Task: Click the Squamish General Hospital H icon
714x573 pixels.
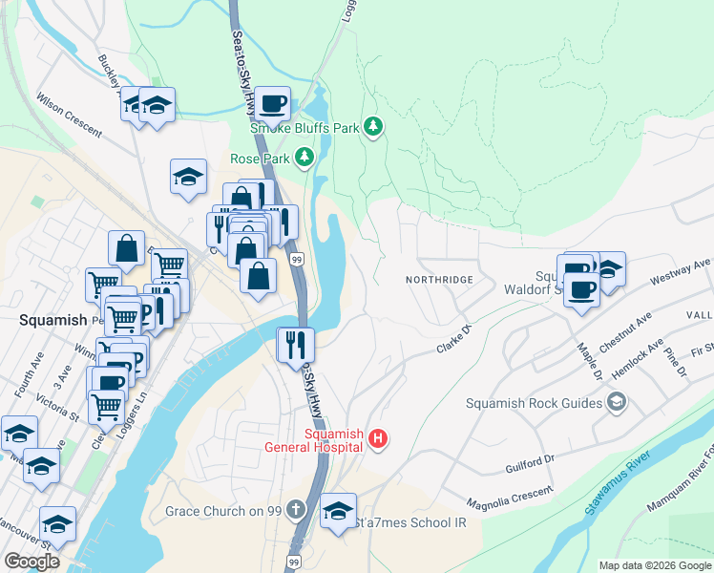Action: coord(378,440)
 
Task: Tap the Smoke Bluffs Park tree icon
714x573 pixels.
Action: coord(373,127)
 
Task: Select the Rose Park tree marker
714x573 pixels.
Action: coord(304,157)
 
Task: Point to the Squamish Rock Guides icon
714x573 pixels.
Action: coord(616,402)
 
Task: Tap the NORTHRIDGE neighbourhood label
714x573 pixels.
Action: coord(438,279)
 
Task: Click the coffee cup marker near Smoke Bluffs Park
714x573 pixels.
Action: coord(272,103)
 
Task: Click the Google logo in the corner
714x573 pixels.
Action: coord(31,562)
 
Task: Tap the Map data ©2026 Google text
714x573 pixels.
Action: coord(654,565)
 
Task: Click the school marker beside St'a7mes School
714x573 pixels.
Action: coord(338,510)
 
